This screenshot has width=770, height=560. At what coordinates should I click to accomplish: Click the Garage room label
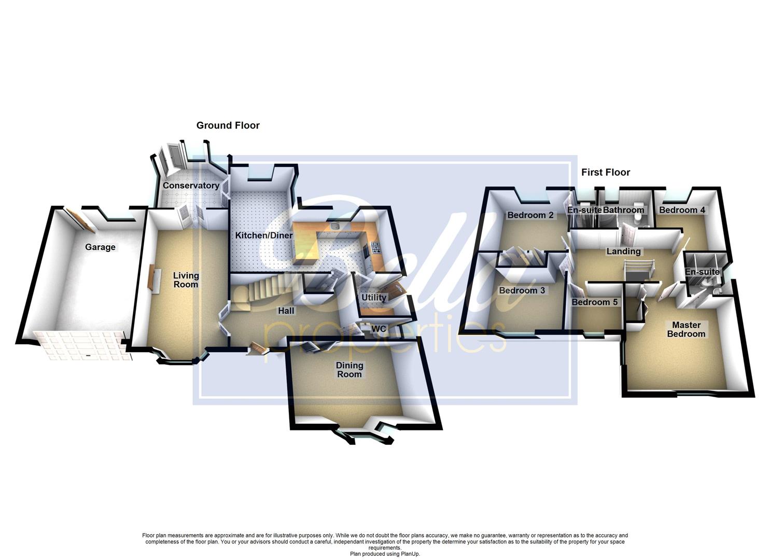coord(100,247)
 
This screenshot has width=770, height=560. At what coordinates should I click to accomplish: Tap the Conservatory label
coord(191,186)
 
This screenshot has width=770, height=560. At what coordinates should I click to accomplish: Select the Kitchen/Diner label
coord(264,235)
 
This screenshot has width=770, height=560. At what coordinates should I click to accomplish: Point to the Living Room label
coord(186,280)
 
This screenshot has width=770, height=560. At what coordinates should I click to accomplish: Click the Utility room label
coord(374,298)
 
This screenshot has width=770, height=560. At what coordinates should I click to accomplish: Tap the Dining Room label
coord(349,370)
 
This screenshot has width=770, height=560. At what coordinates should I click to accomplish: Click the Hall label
coord(286,311)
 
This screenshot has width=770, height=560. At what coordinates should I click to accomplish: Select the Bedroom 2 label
coord(530,215)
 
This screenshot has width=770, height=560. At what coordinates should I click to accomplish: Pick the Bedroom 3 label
coord(522,290)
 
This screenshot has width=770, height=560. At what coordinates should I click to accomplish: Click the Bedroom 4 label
coord(682,210)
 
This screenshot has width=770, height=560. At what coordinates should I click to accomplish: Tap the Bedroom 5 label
coord(594,302)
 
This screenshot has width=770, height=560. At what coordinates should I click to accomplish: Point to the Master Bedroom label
coord(686,329)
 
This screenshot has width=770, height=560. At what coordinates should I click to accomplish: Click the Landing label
coord(624,251)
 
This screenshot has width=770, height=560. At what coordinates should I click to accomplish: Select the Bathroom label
coord(624,210)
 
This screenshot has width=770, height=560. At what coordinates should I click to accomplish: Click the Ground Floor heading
coord(228,125)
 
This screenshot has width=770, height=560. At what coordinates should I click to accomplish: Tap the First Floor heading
coord(605,172)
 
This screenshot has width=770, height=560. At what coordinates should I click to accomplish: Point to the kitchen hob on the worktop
coord(375,247)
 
